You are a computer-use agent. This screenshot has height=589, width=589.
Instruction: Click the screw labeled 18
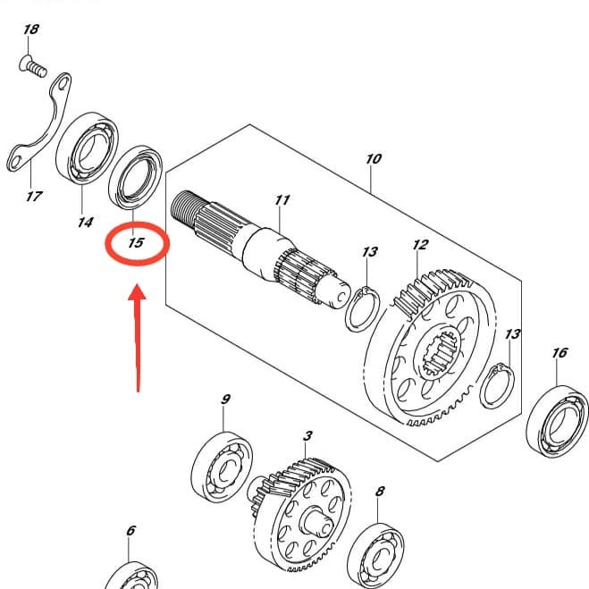[x=33, y=66]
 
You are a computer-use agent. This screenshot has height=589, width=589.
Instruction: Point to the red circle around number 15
[x=136, y=244]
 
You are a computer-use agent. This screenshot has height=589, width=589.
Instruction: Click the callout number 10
[x=374, y=159]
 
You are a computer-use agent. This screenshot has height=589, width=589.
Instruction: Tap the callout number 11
[x=282, y=199]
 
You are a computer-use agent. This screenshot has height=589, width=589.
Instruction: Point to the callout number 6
[x=130, y=531]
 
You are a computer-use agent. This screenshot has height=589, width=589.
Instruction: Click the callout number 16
[x=560, y=353]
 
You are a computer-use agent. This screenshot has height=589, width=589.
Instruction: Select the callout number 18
[x=31, y=29]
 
